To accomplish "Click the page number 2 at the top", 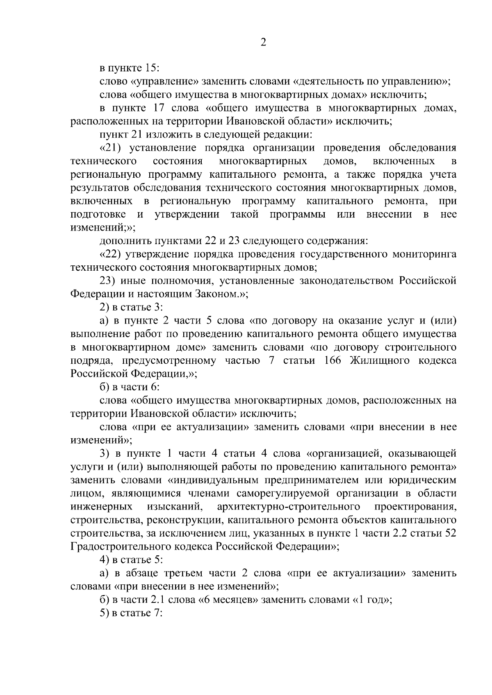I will [x=264, y=43].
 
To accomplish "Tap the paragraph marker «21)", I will [x=112, y=148].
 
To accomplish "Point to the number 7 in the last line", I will [x=156, y=613].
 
